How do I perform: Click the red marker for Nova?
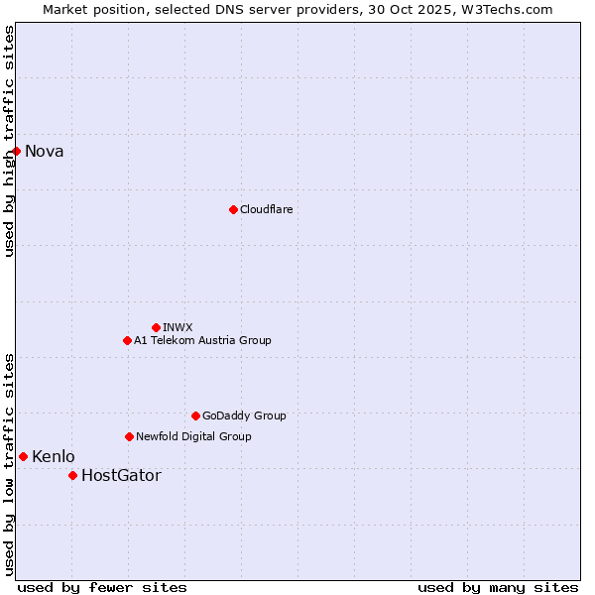click(x=17, y=151)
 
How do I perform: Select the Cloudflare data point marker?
click(x=233, y=209)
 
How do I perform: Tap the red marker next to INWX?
click(x=156, y=327)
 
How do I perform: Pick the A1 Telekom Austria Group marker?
click(x=127, y=340)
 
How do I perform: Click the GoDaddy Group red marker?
click(x=195, y=416)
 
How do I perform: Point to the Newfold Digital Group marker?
click(x=129, y=436)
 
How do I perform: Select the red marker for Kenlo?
click(x=23, y=456)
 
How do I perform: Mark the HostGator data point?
click(x=72, y=475)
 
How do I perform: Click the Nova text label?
click(x=45, y=152)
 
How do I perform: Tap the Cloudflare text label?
click(x=266, y=209)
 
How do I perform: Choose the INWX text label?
click(x=178, y=327)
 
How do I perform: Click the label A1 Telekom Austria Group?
click(x=202, y=340)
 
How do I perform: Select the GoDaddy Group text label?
click(x=244, y=416)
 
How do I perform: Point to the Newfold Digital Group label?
click(x=193, y=436)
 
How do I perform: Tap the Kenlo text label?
click(x=54, y=457)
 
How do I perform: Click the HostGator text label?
click(x=121, y=476)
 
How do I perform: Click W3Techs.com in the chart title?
click(x=508, y=9)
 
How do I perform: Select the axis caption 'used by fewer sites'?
click(x=102, y=587)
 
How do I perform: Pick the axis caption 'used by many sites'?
click(x=498, y=587)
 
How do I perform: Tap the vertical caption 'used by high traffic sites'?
click(x=9, y=141)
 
